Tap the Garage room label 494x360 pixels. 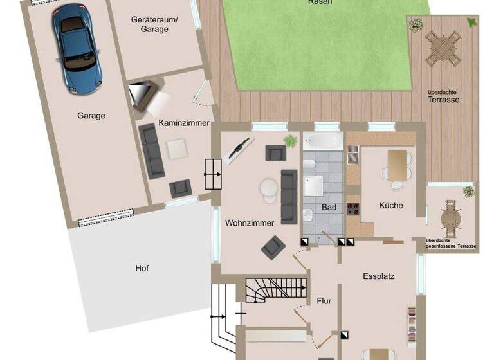(91, 116)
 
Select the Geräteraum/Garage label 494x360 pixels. (154, 24)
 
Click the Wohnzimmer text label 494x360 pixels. (250, 223)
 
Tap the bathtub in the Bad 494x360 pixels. (324, 141)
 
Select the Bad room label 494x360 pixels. (329, 208)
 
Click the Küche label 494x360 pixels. (391, 206)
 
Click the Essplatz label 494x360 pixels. (378, 276)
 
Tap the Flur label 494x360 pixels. (324, 300)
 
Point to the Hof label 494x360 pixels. (142, 268)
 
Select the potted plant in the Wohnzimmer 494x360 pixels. (291, 139)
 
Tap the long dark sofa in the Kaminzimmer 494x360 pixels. (152, 152)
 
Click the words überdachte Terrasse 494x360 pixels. (444, 96)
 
